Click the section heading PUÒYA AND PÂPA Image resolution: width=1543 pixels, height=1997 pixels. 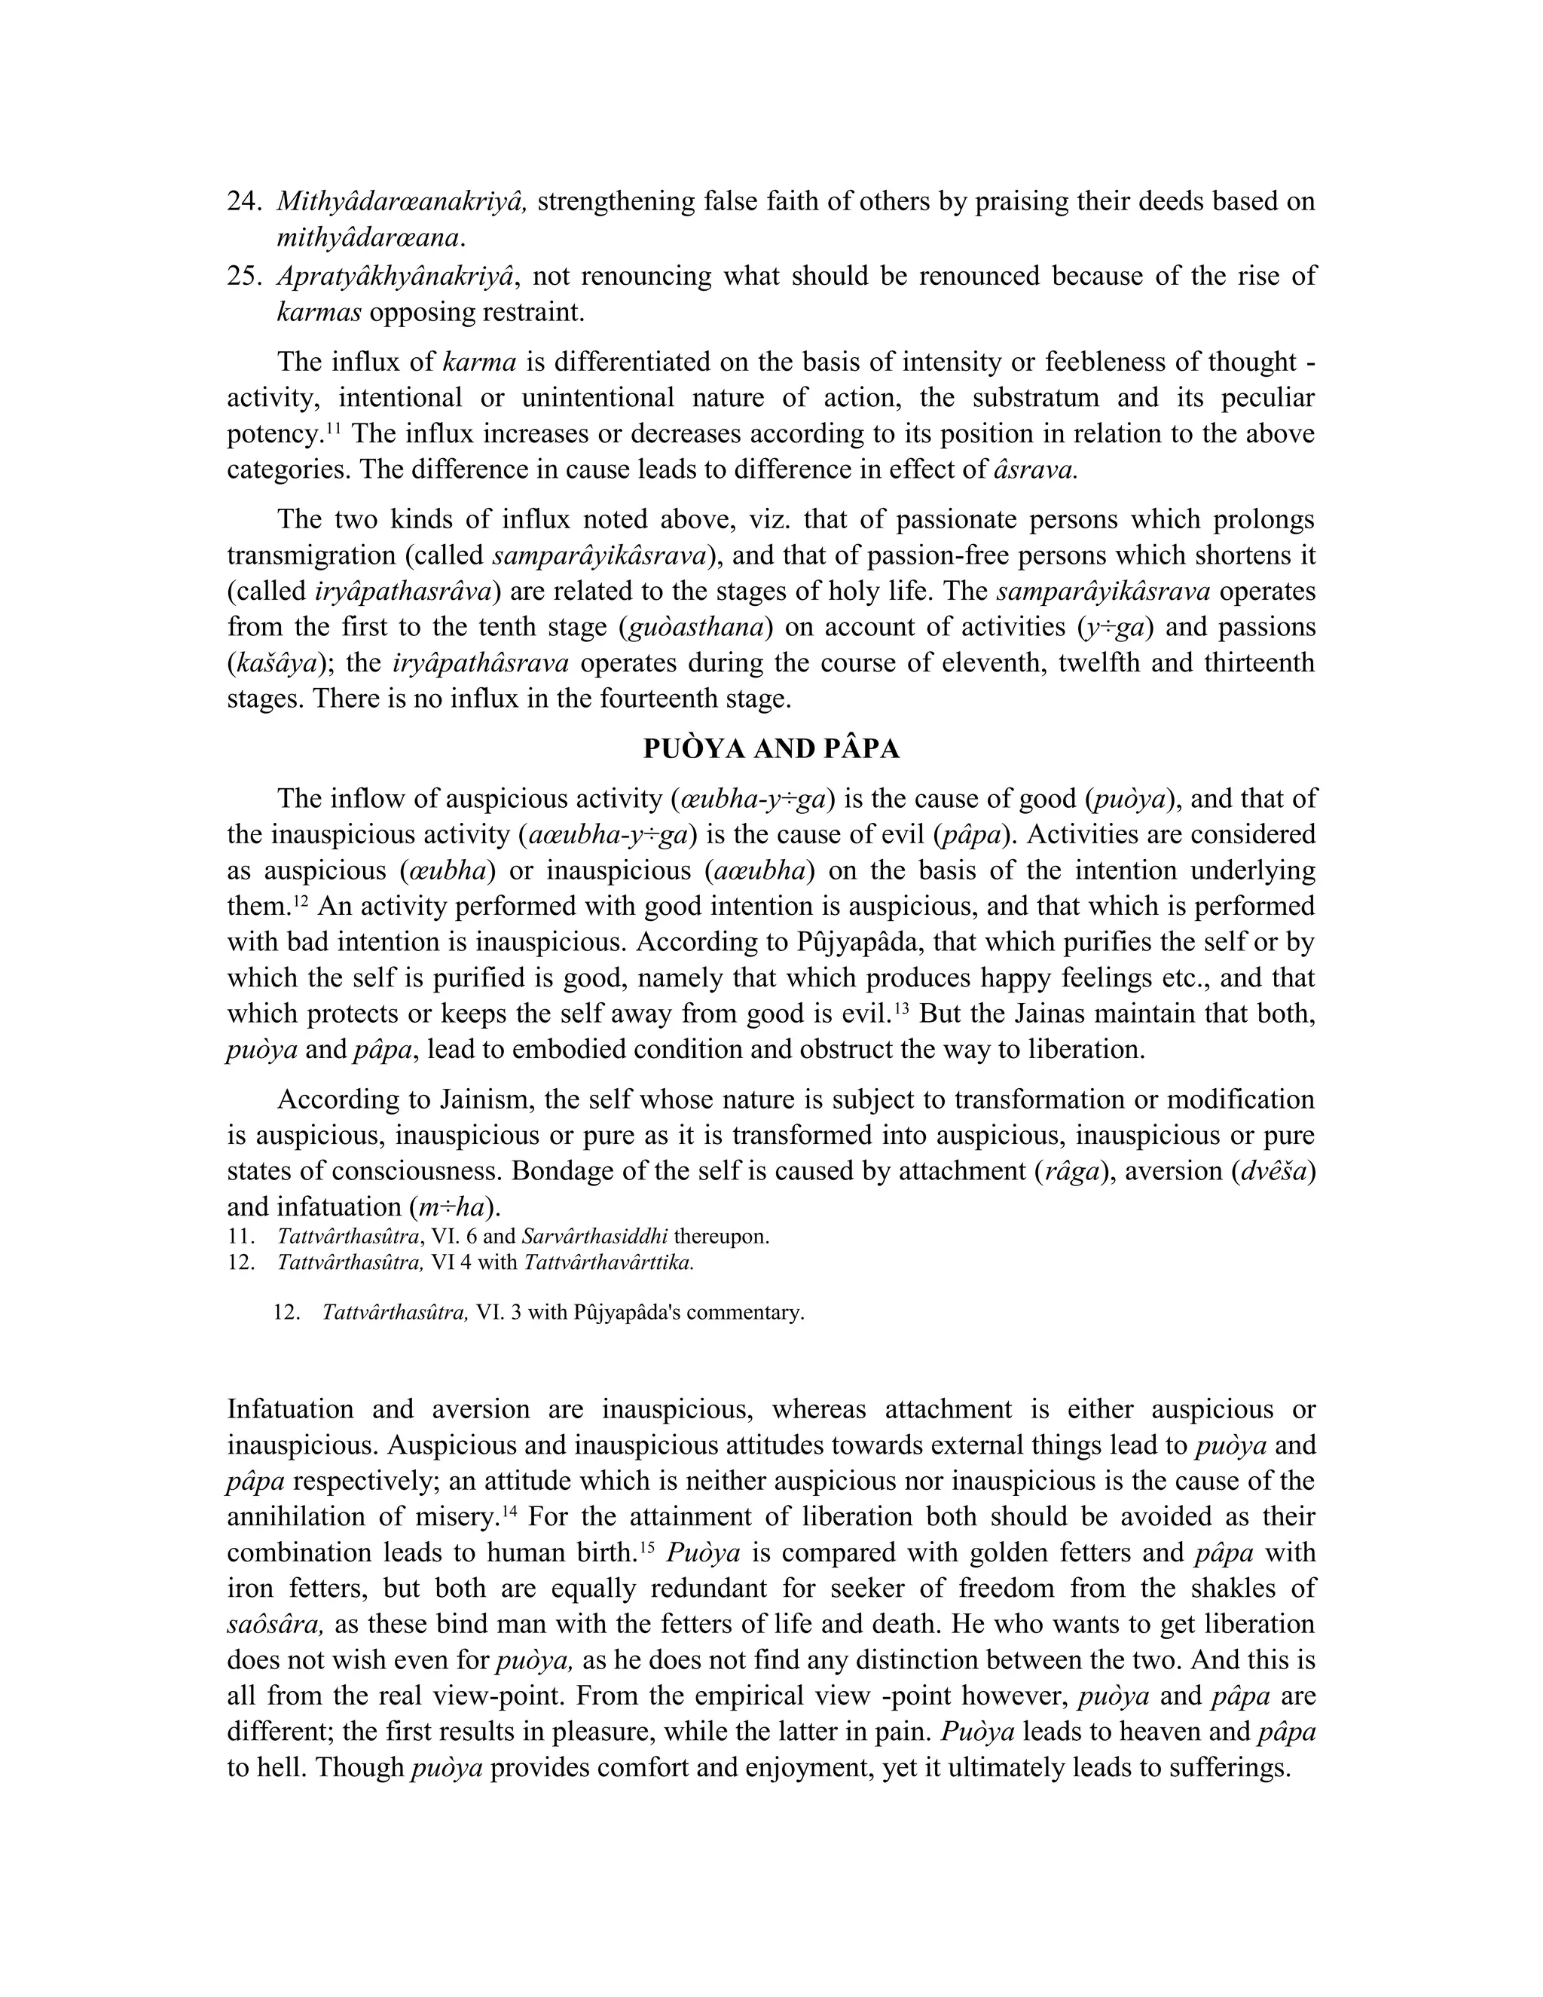click(x=771, y=749)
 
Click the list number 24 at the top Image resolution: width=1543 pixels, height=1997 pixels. click(x=244, y=202)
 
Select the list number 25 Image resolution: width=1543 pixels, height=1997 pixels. click(x=244, y=276)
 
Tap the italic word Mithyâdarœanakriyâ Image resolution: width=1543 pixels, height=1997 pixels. click(x=402, y=202)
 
